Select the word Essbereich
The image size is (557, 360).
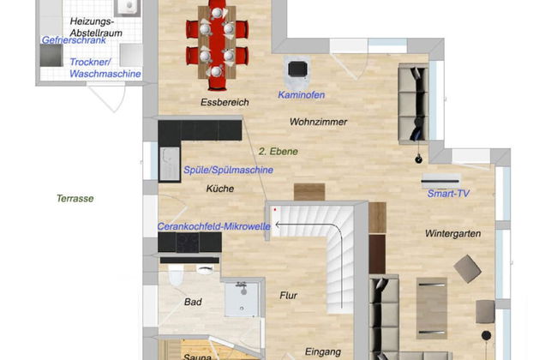(x=225, y=103)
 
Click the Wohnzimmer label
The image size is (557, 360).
(x=319, y=122)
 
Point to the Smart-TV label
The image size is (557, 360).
(x=448, y=194)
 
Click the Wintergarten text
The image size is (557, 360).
(x=452, y=233)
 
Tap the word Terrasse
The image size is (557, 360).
(x=75, y=198)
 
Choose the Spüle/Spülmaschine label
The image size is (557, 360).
(x=229, y=170)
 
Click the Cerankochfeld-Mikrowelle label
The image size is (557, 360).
(x=214, y=226)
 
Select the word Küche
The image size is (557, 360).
(x=220, y=188)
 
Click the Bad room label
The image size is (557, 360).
(x=193, y=302)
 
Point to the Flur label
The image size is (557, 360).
(x=289, y=296)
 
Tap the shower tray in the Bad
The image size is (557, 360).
(x=241, y=299)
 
